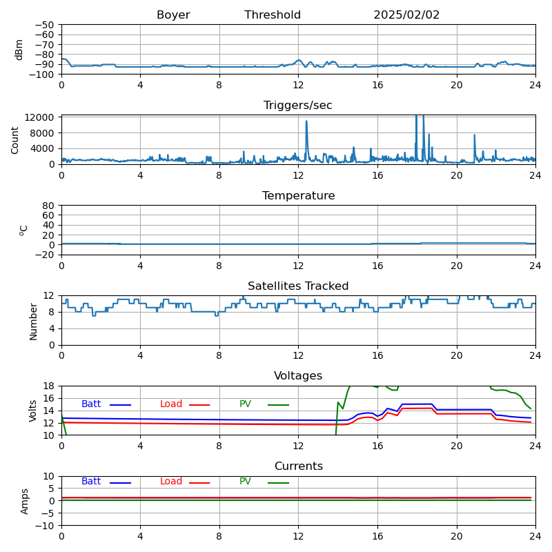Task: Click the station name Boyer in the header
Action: [x=173, y=15]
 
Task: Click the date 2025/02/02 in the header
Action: [x=406, y=15]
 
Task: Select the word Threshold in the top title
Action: [x=273, y=15]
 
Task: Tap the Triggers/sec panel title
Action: [x=298, y=106]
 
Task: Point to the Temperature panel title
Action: [x=298, y=196]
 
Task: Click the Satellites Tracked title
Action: [x=298, y=286]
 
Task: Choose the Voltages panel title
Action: [x=298, y=376]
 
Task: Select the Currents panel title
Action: [x=298, y=466]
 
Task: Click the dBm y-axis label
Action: [x=19, y=49]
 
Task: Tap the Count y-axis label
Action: [x=15, y=139]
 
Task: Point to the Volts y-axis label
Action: [x=33, y=411]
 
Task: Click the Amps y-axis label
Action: [x=25, y=501]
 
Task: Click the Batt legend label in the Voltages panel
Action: [x=91, y=404]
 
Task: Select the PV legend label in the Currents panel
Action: [x=245, y=482]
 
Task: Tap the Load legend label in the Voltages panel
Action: [x=171, y=404]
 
